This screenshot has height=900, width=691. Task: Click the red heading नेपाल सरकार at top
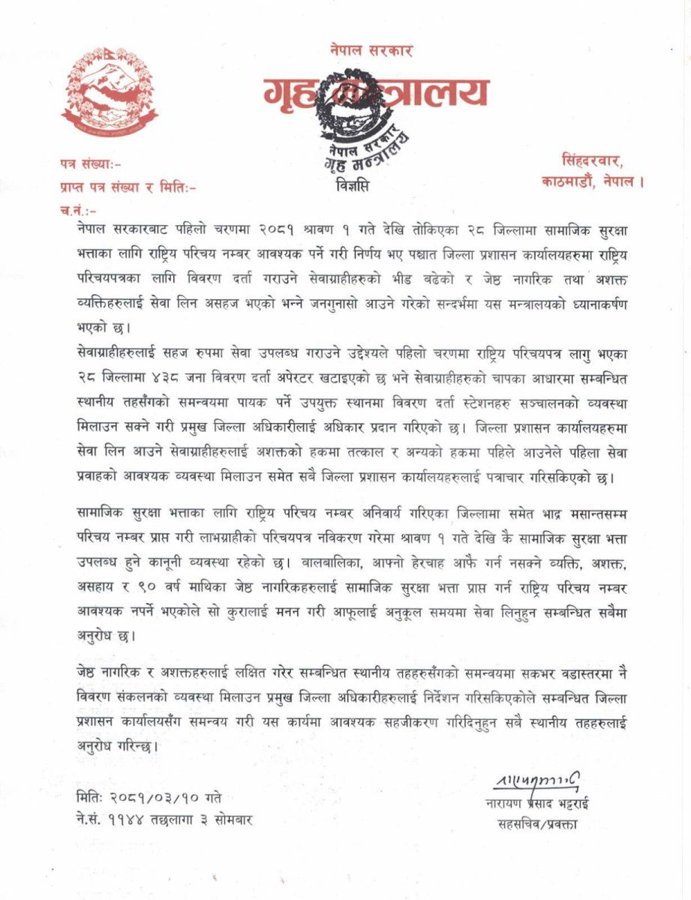click(371, 51)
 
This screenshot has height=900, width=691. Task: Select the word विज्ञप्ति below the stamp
click(353, 184)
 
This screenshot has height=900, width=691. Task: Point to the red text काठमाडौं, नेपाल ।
click(592, 181)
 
